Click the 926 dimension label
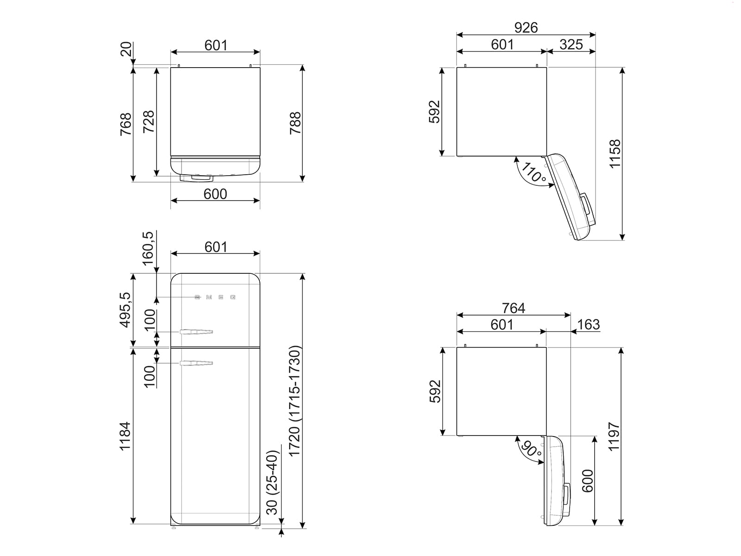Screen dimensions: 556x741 pyautogui.click(x=526, y=28)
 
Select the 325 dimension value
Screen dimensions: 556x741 pyautogui.click(x=571, y=44)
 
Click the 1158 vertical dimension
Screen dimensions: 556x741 pyautogui.click(x=615, y=154)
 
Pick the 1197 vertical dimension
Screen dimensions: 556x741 pyautogui.click(x=614, y=436)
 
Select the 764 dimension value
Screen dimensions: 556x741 pyautogui.click(x=514, y=308)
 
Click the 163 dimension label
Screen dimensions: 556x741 pyautogui.click(x=589, y=324)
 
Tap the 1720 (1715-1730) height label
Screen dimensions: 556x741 pyautogui.click(x=295, y=401)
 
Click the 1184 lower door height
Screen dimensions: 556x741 pyautogui.click(x=126, y=436)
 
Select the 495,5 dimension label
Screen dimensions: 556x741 pyautogui.click(x=126, y=310)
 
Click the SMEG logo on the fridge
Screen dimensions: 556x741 pyautogui.click(x=215, y=297)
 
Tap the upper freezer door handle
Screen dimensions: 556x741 pyautogui.click(x=196, y=332)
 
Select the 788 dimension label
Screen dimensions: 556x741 pyautogui.click(x=295, y=123)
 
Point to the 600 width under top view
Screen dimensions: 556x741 pyautogui.click(x=215, y=194)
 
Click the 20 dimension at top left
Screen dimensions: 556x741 pyautogui.click(x=126, y=49)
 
